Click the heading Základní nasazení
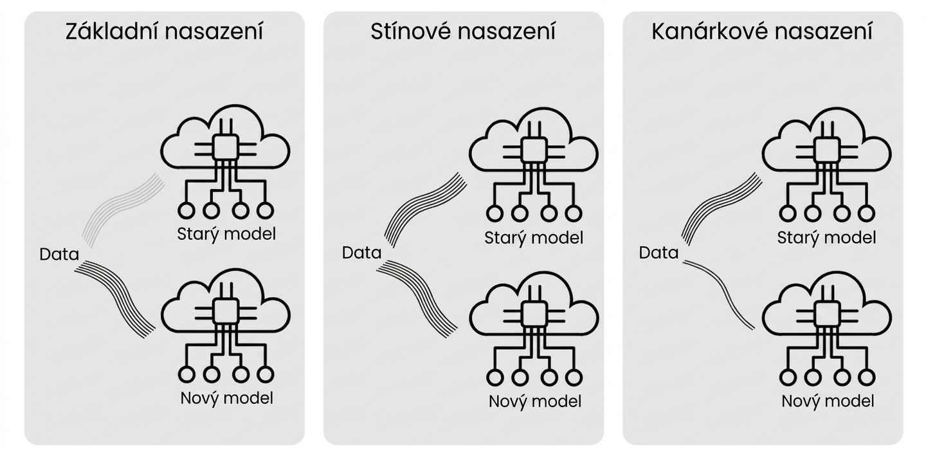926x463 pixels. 164,32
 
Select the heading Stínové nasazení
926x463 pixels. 463,32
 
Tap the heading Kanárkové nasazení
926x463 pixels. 762,32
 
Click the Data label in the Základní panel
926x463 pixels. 59,254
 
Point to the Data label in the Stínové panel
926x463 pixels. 361,253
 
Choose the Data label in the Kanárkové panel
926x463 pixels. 658,253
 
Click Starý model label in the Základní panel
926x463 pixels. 226,234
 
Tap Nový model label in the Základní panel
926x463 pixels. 226,399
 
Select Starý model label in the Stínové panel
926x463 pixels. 534,238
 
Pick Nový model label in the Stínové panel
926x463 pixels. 535,401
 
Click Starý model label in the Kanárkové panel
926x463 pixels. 826,238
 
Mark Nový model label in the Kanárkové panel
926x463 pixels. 828,401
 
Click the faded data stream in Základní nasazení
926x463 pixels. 120,206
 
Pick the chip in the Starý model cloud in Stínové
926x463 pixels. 534,150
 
